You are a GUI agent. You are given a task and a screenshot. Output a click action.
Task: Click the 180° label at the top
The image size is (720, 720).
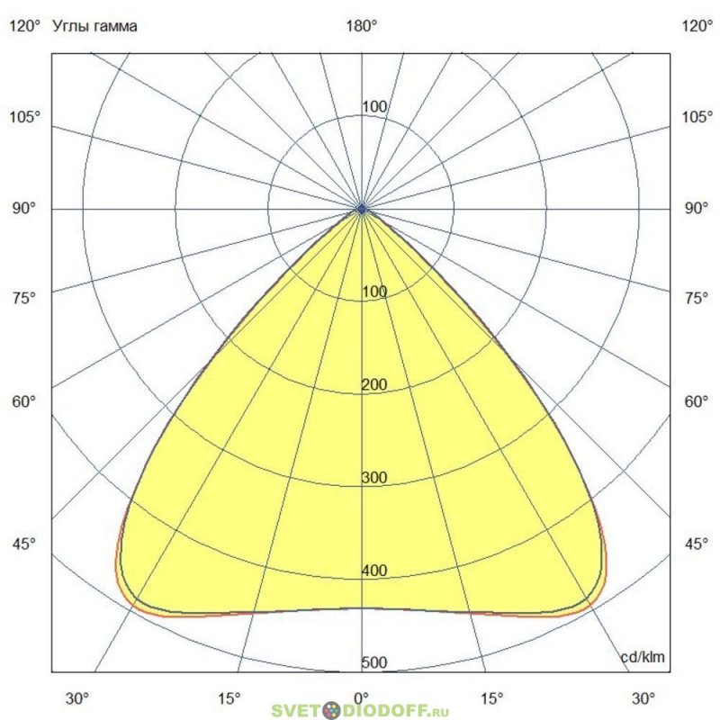[x=362, y=26]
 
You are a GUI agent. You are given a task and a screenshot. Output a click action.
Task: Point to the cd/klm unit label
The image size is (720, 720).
[x=643, y=658]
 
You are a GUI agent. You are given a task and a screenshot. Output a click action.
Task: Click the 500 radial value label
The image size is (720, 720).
[x=373, y=663]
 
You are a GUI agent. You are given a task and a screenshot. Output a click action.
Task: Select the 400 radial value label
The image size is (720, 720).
[x=373, y=571]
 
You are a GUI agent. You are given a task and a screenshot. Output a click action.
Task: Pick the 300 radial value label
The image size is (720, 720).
[x=373, y=478]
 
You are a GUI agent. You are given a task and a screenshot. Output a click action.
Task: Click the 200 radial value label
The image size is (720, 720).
[x=373, y=385]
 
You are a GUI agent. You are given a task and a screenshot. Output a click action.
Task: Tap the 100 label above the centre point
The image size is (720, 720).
[x=373, y=107]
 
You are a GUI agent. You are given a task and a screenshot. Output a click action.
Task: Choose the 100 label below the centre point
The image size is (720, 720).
[x=373, y=292]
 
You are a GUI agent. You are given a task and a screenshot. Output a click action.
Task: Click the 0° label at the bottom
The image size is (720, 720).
[x=362, y=697]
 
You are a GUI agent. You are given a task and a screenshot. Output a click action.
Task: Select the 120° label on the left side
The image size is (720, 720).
[x=24, y=26]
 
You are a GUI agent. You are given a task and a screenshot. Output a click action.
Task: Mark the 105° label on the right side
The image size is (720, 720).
[x=697, y=117]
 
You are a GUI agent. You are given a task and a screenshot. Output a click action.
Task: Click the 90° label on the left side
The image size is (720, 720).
[x=24, y=208]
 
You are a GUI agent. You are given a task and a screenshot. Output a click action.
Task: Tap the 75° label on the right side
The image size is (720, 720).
[x=697, y=298]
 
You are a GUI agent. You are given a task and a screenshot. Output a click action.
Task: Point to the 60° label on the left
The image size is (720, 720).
[x=24, y=400]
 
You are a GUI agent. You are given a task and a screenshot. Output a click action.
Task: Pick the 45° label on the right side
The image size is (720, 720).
[x=697, y=544]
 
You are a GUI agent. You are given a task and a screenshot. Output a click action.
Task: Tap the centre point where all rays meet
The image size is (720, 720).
[x=362, y=208]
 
